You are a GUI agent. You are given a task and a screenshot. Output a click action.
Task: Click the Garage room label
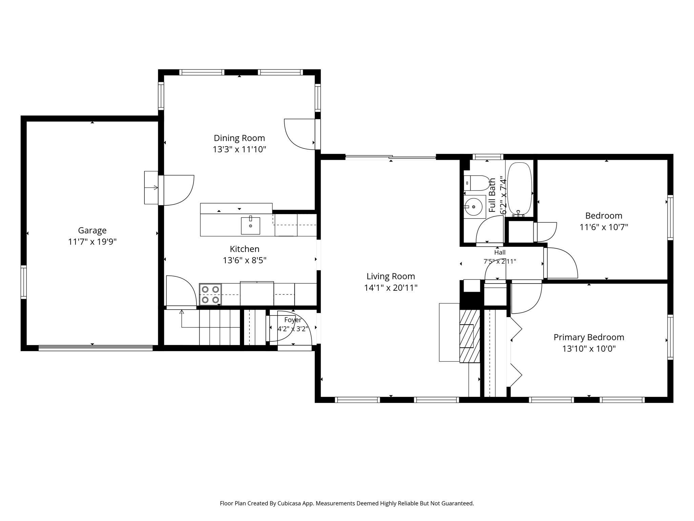[x=92, y=231]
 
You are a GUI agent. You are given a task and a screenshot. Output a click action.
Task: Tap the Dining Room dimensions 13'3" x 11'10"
[x=240, y=150]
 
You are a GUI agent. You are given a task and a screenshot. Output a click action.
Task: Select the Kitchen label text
[x=244, y=249]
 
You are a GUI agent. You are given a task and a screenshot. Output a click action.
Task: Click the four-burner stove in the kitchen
[x=210, y=294]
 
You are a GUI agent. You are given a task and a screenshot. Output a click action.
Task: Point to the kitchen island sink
[x=250, y=226]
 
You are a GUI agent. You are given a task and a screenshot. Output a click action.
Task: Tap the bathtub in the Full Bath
[x=519, y=189]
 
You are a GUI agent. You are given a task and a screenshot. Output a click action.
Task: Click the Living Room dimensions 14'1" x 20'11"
[x=391, y=288]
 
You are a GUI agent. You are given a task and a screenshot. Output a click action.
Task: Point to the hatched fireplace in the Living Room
[x=470, y=336]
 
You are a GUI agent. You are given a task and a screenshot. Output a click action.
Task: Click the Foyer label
[x=293, y=320]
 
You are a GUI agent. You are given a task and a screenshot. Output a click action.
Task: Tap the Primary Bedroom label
[x=589, y=337]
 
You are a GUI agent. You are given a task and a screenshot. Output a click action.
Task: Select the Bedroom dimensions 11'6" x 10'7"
[x=604, y=227]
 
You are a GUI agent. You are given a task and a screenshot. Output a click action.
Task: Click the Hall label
[x=500, y=252]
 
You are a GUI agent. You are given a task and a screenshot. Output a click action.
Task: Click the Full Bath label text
[x=492, y=195]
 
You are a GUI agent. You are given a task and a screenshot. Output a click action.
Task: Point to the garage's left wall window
[x=23, y=282]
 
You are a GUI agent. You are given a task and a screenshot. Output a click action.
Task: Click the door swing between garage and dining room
[x=179, y=190]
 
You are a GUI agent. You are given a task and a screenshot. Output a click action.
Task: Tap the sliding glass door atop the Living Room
[x=390, y=157]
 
